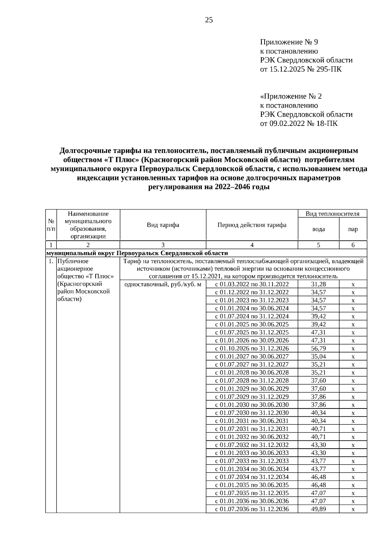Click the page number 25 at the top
point(209,20)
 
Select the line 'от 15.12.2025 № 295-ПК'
point(301,69)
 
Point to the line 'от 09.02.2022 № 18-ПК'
point(299,124)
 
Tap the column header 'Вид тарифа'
point(163,225)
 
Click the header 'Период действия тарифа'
point(252,225)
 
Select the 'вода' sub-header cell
point(318,229)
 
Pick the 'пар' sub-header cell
point(353,229)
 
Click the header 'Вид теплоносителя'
point(332,214)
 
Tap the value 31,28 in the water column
point(318,284)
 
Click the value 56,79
point(318,348)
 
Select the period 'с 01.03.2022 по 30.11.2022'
point(252,284)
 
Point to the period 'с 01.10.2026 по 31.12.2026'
point(252,348)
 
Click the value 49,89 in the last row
point(318,509)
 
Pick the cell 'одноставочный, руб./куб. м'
point(163,284)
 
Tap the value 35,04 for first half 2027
point(318,357)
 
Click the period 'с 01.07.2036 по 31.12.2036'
point(252,509)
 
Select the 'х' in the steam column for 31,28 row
point(353,285)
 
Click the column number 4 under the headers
point(252,245)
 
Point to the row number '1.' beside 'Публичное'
point(51,261)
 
